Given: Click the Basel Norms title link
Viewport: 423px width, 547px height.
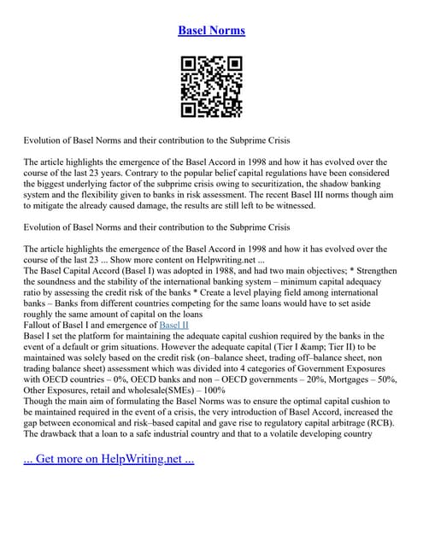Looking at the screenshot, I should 211,30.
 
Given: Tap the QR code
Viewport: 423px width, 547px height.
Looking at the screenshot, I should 211,86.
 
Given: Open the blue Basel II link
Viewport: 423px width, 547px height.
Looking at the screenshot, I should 174,326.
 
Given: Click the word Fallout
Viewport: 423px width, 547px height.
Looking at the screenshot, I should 40,326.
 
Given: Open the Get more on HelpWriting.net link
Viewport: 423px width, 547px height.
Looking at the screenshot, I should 109,459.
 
